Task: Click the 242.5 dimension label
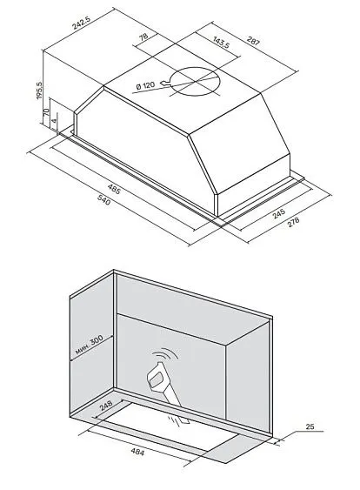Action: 81,23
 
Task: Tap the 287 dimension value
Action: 253,41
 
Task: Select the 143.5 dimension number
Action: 221,42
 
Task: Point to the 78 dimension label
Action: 143,37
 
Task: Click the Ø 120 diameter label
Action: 145,85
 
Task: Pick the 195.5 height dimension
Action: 40,91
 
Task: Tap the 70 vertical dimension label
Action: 45,112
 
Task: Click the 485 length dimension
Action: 114,189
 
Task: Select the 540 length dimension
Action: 104,199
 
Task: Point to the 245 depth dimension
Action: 279,214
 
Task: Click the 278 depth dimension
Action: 292,222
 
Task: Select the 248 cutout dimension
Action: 106,406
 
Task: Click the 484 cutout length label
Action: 137,452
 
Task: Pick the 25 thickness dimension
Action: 310,426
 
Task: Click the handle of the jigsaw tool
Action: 157,378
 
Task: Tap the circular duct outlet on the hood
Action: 196,82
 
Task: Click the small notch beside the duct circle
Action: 165,84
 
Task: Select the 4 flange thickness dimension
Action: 54,121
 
